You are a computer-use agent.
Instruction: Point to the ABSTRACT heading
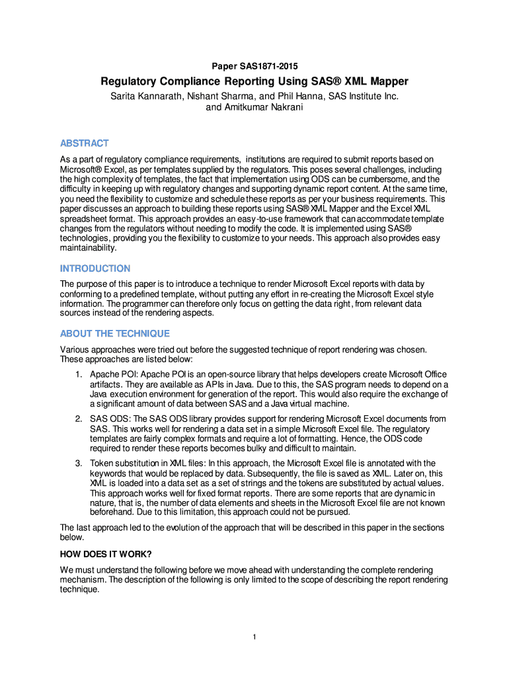point(84,143)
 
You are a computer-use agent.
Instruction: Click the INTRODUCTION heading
point(95,268)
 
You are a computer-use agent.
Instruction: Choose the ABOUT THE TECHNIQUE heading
point(115,333)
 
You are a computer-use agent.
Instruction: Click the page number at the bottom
point(255,637)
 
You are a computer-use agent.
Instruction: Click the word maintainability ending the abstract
point(88,248)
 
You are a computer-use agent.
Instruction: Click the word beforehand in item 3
point(112,512)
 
